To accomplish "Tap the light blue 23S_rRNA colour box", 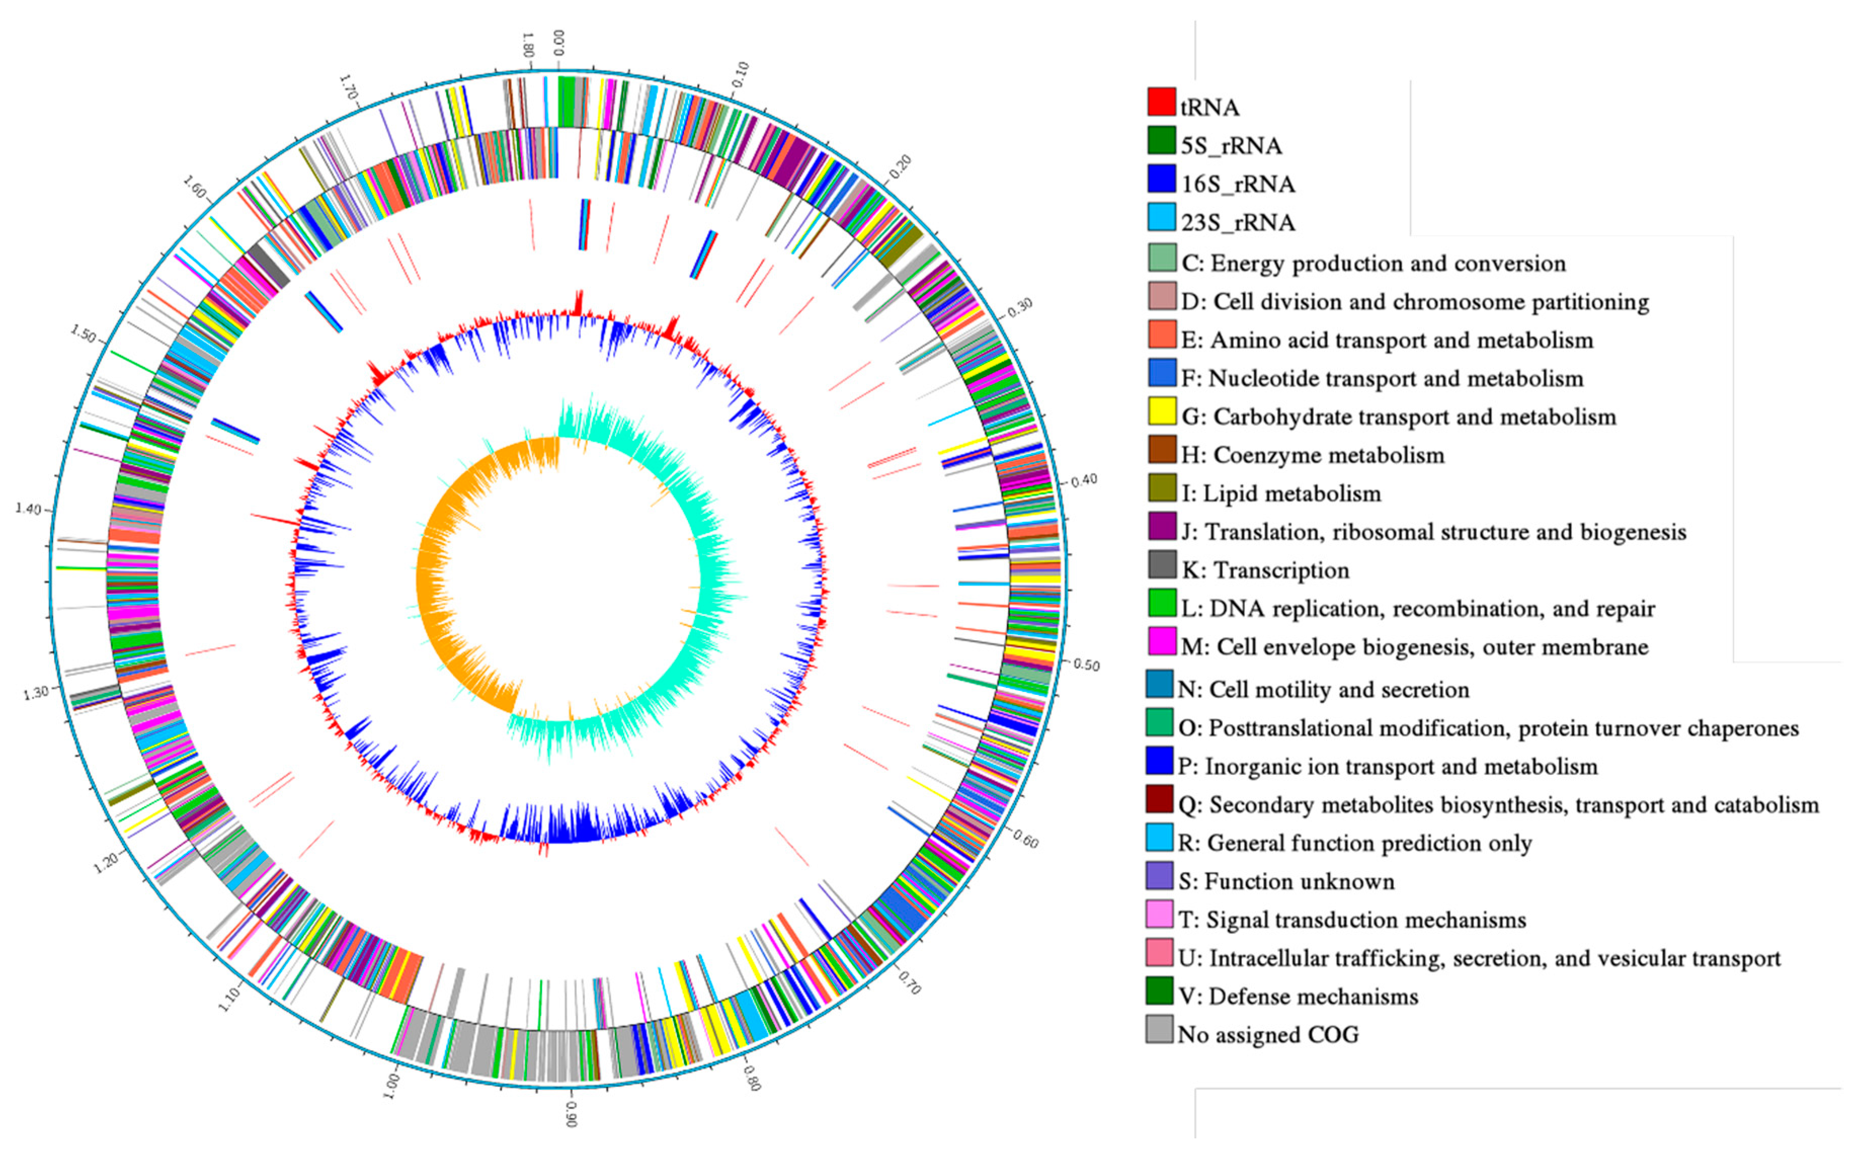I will pyautogui.click(x=1161, y=217).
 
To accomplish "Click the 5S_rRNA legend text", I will pyautogui.click(x=1231, y=145).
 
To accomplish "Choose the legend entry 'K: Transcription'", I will pyautogui.click(x=1265, y=570).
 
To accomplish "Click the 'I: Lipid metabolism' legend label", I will pyautogui.click(x=1280, y=493).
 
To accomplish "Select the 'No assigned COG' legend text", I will pyautogui.click(x=1268, y=1035).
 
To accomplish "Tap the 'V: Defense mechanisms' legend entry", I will pyautogui.click(x=1298, y=996).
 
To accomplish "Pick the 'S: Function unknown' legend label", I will pyautogui.click(x=1286, y=882).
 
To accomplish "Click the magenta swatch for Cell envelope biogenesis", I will pyautogui.click(x=1161, y=642).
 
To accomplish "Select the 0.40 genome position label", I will pyautogui.click(x=1083, y=480).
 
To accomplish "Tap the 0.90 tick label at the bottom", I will pyautogui.click(x=571, y=1115).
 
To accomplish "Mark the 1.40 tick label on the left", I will pyautogui.click(x=29, y=508).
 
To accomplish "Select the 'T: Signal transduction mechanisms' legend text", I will pyautogui.click(x=1352, y=920).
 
